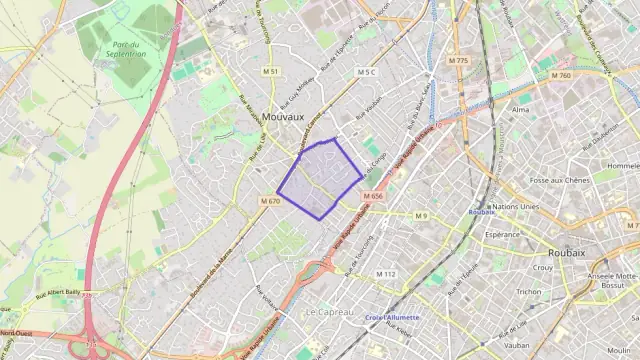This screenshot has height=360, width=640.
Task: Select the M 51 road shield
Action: pyautogui.click(x=270, y=72)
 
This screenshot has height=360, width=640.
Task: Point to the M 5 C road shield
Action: pyautogui.click(x=365, y=72)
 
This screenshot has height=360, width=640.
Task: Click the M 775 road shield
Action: pyautogui.click(x=459, y=61)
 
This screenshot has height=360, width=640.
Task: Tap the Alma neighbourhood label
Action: pyautogui.click(x=520, y=108)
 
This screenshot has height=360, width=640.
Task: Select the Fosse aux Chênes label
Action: pyautogui.click(x=559, y=180)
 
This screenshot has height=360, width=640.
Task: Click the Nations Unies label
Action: pyautogui.click(x=517, y=206)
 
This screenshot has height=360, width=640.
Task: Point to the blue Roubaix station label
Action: pyautogui.click(x=482, y=212)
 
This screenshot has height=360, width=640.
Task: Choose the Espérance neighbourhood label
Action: pyautogui.click(x=502, y=234)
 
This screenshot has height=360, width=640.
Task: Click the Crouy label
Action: pyautogui.click(x=543, y=268)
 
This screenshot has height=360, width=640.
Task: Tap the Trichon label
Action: pyautogui.click(x=529, y=291)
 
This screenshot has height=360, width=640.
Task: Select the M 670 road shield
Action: pyautogui.click(x=269, y=201)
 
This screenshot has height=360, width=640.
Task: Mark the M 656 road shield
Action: pyautogui.click(x=374, y=196)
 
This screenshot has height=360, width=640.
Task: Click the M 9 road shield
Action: pyautogui.click(x=421, y=216)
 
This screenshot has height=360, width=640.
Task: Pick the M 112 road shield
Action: pyautogui.click(x=386, y=274)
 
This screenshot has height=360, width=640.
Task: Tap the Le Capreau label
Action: pyautogui.click(x=329, y=312)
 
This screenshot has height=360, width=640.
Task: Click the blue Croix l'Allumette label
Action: pyautogui.click(x=392, y=317)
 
